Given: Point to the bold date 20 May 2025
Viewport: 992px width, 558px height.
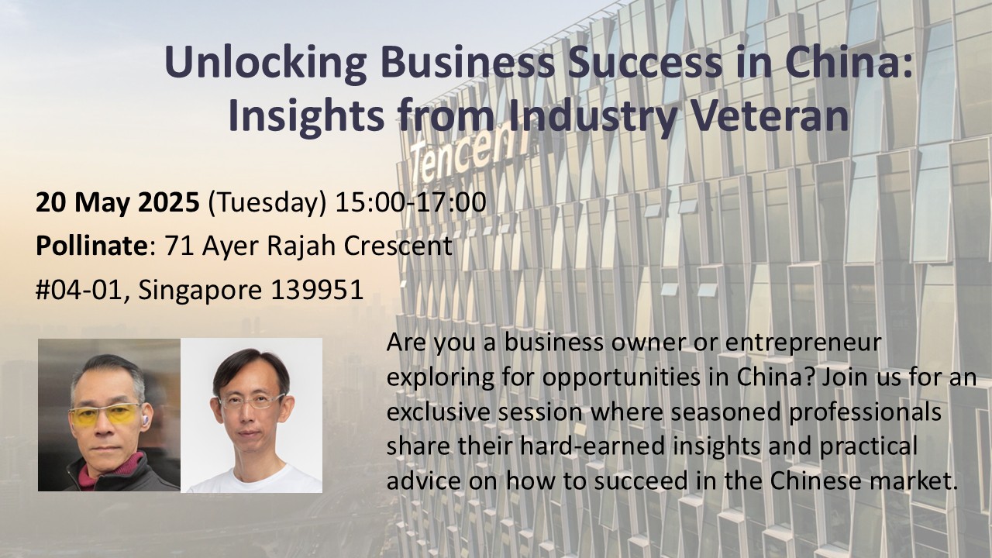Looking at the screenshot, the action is pos(117,203).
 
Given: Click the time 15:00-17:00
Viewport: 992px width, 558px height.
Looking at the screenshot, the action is pos(410,203).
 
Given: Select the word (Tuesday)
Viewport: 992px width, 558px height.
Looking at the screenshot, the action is pos(267,204).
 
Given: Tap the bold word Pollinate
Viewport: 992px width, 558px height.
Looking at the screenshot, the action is pos(91,246).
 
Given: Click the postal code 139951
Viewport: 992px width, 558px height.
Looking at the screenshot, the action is pos(317,291).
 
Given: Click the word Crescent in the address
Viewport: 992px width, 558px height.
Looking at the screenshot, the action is pos(398,246).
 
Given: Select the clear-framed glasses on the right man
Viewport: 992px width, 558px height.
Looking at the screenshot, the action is pos(250,401).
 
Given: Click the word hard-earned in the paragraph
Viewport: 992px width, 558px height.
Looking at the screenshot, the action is pos(593,447).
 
